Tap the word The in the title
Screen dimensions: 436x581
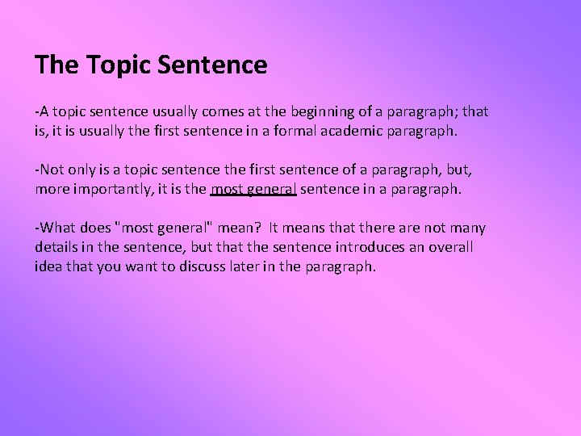54,65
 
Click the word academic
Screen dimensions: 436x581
360,129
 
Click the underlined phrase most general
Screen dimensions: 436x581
253,189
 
